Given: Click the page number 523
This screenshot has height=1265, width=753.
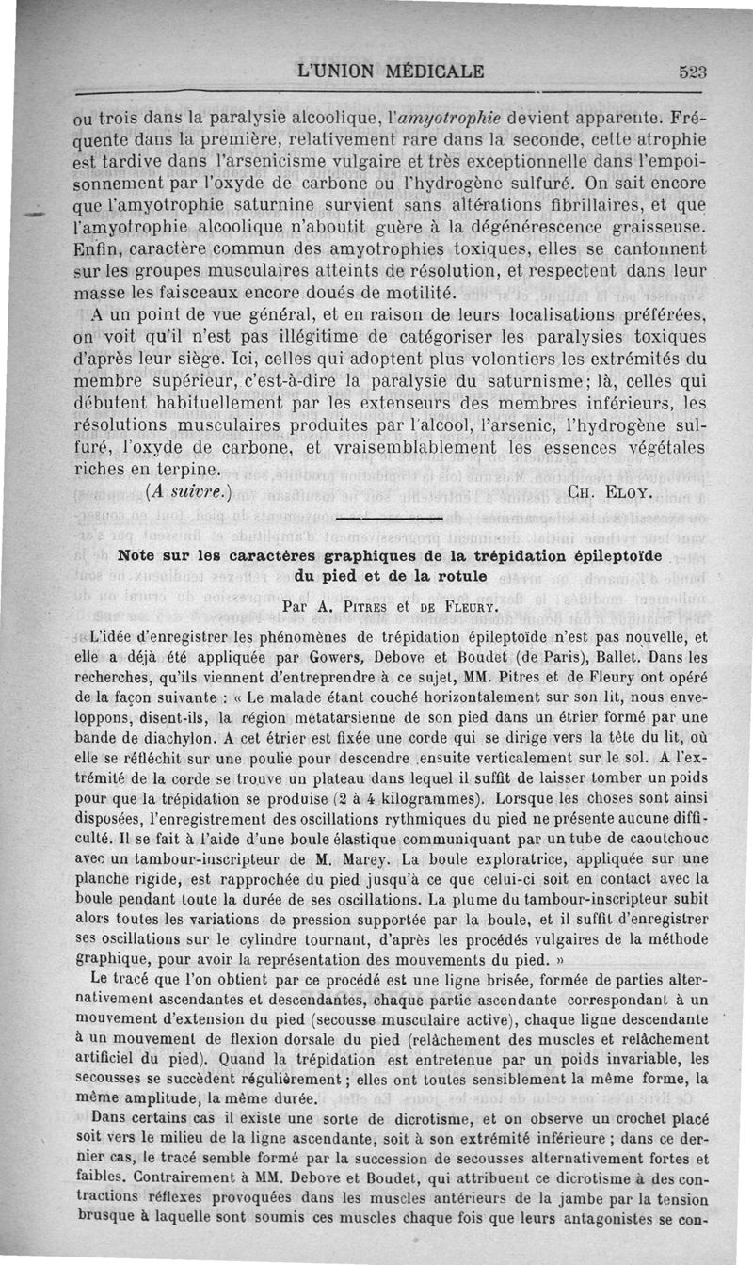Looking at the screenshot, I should click(692, 72).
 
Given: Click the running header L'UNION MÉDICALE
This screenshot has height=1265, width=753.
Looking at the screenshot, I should click(390, 71).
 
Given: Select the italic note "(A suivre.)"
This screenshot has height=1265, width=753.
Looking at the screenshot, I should click(188, 490).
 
